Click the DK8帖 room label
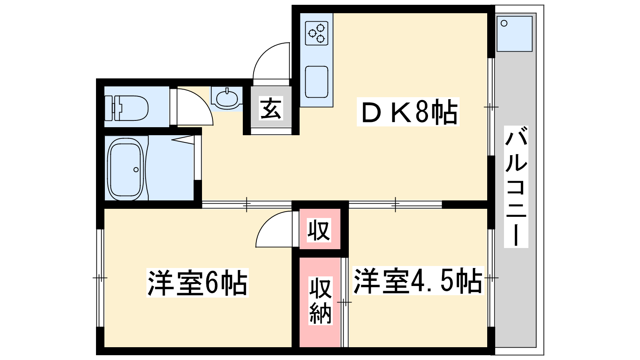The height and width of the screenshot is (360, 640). (408, 112)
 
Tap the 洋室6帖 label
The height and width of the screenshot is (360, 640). (198, 282)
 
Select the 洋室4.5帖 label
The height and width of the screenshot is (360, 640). (418, 280)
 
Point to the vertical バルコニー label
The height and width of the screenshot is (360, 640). (516, 186)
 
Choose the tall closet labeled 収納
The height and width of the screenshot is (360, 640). (320, 302)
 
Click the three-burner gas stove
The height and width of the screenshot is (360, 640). (316, 34)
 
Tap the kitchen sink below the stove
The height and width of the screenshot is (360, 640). (316, 82)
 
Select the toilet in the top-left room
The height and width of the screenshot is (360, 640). (126, 108)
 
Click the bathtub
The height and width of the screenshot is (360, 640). (126, 169)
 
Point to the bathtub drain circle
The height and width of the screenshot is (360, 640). (136, 170)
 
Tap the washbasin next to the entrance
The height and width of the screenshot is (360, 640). (227, 99)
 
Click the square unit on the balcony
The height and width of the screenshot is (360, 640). (514, 34)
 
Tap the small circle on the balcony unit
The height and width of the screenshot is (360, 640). (504, 24)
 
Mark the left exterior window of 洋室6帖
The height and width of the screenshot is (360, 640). (100, 278)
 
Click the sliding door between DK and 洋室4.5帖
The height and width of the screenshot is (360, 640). (396, 204)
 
